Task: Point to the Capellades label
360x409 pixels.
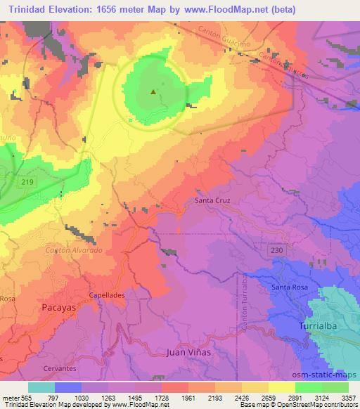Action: pos(107,295)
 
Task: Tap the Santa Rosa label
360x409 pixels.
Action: pos(290,288)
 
